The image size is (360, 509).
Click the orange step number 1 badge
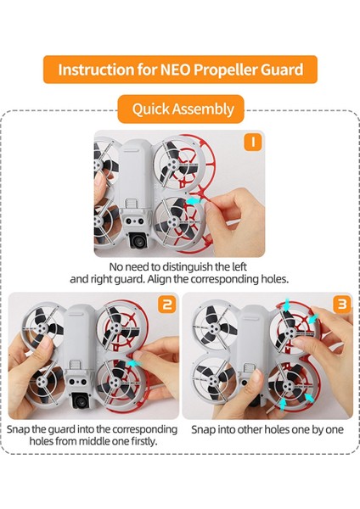coord(253,142)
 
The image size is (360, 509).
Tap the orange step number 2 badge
coord(167,305)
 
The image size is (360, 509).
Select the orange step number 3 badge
coord(342,305)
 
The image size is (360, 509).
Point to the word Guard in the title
coord(282,70)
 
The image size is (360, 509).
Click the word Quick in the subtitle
coord(150,109)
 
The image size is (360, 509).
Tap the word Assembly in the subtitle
coord(203,109)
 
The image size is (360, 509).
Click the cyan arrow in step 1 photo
coord(194,202)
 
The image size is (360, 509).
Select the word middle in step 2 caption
coord(93,441)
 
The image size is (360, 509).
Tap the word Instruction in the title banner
coord(96,70)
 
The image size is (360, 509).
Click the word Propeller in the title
coord(226,70)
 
